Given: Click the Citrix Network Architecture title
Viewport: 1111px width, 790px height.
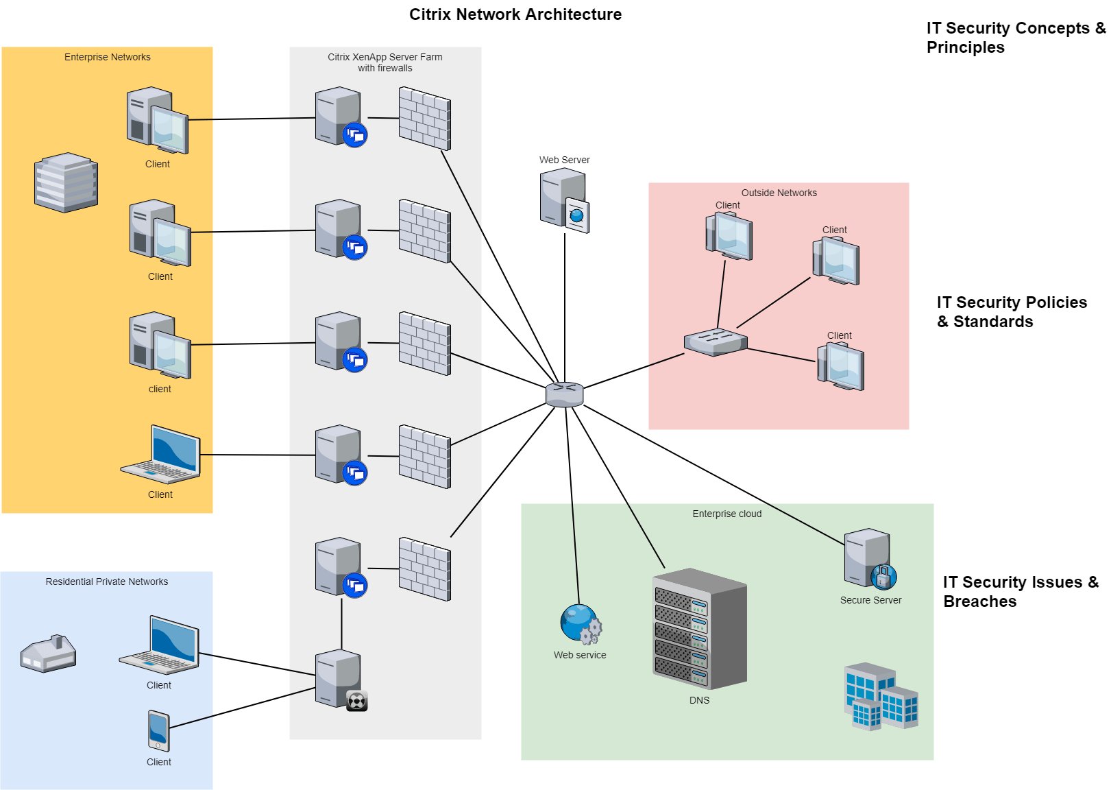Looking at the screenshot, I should click(515, 14).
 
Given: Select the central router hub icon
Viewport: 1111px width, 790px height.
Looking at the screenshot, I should click(564, 394).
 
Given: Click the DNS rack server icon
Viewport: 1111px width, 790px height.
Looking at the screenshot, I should click(699, 629).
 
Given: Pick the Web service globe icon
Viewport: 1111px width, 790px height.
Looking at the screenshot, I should click(580, 623).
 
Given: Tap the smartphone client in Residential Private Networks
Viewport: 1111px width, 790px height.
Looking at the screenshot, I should click(158, 731).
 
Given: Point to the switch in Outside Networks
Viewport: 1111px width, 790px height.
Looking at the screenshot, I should click(716, 342).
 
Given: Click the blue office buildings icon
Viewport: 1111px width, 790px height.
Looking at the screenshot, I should click(880, 697).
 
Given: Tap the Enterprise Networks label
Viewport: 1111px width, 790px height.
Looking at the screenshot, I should click(108, 57).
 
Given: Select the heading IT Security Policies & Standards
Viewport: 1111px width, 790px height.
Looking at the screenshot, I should click(1011, 312).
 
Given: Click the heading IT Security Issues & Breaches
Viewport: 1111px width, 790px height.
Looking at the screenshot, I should click(1020, 591).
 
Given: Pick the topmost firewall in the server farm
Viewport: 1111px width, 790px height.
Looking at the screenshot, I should click(424, 119).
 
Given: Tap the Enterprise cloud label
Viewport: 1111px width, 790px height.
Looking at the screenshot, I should click(727, 514).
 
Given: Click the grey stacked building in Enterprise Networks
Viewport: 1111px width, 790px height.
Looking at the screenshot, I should click(66, 182).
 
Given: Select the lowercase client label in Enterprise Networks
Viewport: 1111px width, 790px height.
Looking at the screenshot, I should click(160, 389).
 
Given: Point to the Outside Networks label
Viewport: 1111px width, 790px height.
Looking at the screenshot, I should click(779, 193).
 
